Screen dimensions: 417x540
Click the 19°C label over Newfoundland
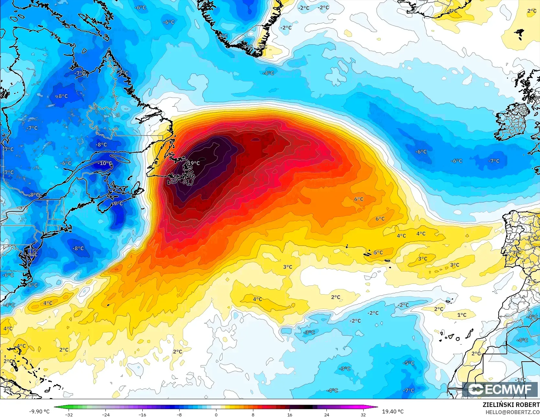coord(194,163)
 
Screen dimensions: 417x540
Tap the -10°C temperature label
coord(105,163)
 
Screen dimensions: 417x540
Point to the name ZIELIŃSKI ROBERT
coord(511,405)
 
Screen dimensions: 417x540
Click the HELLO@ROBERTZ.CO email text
coord(512,412)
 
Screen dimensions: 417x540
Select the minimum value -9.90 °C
coord(39,411)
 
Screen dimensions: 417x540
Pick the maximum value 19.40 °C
coord(393,411)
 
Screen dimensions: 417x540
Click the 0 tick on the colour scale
coord(216,414)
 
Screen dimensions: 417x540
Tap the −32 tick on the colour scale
coord(69,414)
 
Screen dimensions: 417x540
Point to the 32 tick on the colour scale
coord(363,414)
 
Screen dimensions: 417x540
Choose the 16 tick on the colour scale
coord(290,414)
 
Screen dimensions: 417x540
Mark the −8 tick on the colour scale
coord(179,414)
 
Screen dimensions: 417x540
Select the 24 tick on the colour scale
coord(326,414)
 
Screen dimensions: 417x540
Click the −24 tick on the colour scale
coord(105,414)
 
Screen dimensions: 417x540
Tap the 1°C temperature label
coord(462,315)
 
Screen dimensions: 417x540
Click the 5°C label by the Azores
coord(378,253)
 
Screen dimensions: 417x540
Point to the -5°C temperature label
coord(409,363)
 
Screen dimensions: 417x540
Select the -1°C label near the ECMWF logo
coord(520,380)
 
